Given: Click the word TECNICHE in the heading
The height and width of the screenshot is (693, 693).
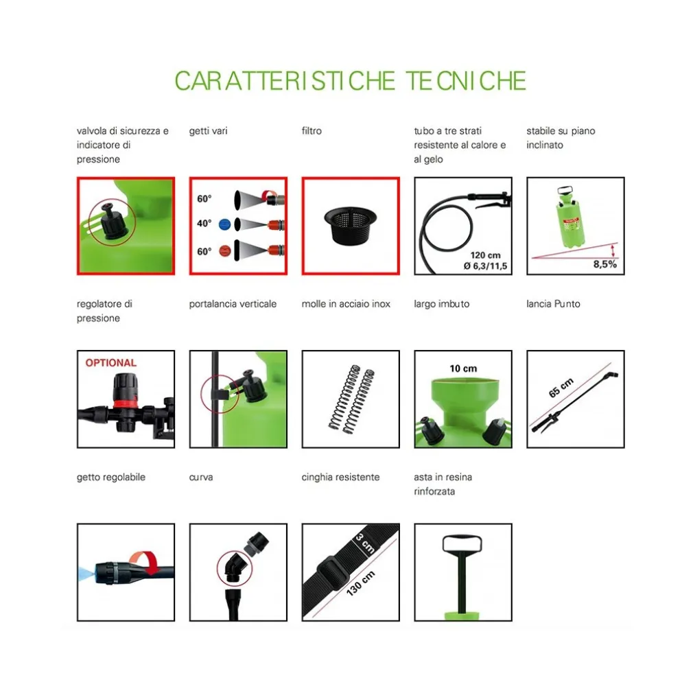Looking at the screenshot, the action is coord(466,81).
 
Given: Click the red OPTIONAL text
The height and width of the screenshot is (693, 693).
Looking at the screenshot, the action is coord(111,363).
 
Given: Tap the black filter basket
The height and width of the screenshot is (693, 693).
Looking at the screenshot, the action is coord(351,225).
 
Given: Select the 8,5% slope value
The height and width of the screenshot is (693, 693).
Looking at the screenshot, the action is coord(604,264).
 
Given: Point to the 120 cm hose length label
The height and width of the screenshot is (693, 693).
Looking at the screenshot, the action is coord(485,255).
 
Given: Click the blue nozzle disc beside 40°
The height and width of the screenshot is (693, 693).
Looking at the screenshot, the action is coord(225,224).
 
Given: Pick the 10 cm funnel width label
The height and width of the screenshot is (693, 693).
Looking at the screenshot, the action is coord(463,368).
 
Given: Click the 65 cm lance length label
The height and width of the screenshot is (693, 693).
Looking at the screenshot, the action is coord(561,388).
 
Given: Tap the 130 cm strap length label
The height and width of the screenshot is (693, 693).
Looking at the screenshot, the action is coord(361,583).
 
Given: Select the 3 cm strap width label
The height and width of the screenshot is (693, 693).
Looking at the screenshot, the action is coord(365,543).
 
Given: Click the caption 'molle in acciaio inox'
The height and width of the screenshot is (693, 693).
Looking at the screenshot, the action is coord(346,304).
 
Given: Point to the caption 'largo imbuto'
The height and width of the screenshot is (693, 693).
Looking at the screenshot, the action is coord(441,304).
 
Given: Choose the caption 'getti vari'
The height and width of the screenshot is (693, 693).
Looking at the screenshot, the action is coord(208,131).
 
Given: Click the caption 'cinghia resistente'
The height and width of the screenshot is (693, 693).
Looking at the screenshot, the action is coord(340,478).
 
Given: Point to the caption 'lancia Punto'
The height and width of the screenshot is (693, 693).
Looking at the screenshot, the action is coord(553,304).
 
